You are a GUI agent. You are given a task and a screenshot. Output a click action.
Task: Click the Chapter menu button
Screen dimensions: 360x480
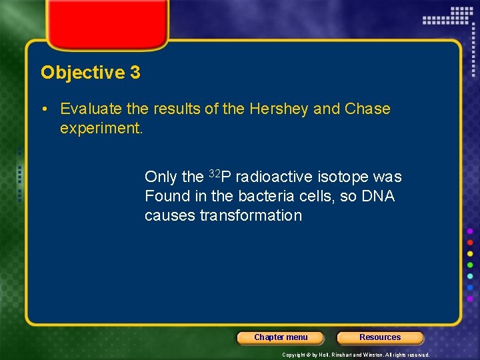coord(281,337)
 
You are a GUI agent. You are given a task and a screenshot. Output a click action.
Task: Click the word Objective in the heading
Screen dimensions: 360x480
coord(83,73)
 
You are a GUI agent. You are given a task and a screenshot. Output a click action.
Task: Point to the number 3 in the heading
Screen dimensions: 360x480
coord(135,73)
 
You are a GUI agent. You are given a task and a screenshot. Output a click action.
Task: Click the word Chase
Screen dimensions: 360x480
coord(367,109)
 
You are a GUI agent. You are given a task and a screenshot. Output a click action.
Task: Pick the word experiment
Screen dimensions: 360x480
coord(101,127)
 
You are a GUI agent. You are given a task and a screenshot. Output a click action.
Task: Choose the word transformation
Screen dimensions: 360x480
coord(250,215)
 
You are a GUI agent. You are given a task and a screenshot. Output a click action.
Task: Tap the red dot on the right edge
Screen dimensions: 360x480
coord(470,242)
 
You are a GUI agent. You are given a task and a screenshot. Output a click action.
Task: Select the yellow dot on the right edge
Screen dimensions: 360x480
coord(470,253)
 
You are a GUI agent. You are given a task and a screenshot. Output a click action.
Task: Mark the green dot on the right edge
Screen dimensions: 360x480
coord(470,265)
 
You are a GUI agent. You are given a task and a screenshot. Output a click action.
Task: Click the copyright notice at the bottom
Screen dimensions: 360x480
coord(355,355)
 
